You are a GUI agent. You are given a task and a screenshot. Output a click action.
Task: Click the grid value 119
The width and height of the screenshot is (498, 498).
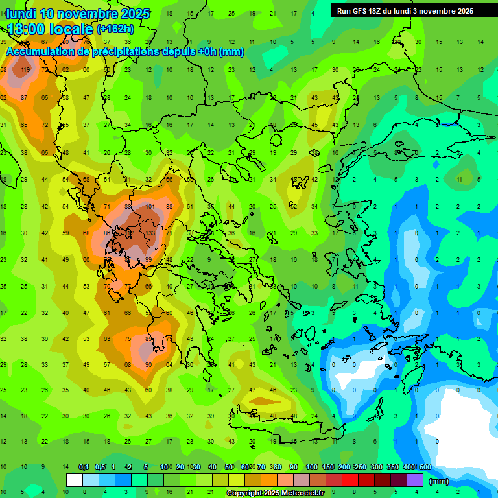(x=25, y=70)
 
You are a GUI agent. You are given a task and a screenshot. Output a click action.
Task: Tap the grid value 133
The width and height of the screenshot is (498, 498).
(x=150, y=233)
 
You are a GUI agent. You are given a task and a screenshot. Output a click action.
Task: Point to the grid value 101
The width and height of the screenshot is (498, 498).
(x=150, y=207)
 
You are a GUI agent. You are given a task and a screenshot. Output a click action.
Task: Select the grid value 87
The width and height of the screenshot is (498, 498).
(x=24, y=98)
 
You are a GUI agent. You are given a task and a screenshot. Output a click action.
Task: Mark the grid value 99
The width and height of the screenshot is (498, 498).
(x=148, y=260)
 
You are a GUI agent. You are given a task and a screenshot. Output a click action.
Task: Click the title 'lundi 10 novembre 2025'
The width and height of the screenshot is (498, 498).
(x=78, y=14)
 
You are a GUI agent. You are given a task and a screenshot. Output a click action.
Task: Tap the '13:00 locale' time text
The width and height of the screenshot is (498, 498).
(x=50, y=29)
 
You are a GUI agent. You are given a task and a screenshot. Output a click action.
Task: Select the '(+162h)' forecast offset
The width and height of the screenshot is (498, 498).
(x=115, y=29)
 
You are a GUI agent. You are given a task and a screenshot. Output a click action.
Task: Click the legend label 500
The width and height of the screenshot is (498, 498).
(x=425, y=467)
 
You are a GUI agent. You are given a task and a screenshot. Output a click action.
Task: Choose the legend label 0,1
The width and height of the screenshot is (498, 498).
(x=84, y=467)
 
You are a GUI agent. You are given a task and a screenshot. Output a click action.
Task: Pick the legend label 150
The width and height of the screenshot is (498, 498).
(x=328, y=467)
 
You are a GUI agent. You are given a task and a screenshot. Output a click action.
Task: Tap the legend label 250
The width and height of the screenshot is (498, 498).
(x=361, y=467)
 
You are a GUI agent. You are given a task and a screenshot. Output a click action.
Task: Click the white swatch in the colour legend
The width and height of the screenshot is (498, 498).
(x=74, y=480)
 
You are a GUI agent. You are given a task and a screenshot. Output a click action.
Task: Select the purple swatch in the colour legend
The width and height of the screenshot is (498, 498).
(x=416, y=480)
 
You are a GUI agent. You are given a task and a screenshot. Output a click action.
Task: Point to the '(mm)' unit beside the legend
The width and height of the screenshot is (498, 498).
(x=439, y=481)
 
